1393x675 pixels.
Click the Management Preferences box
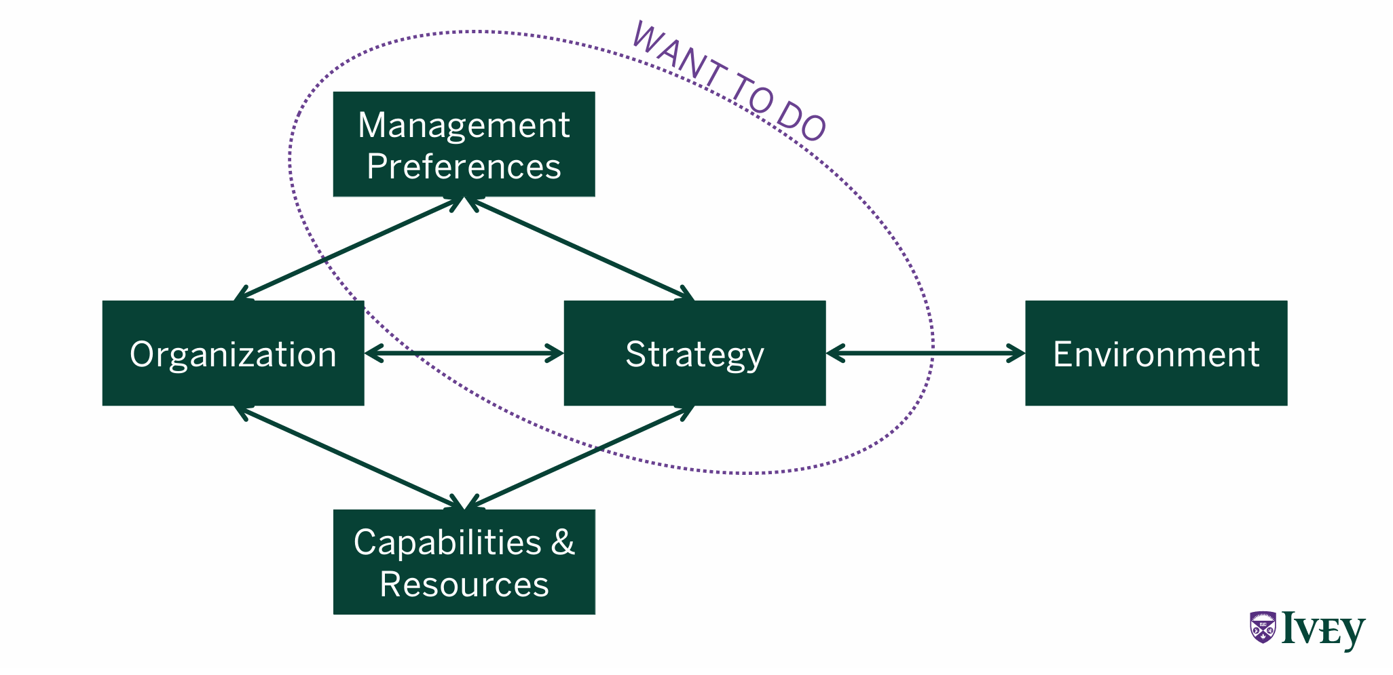[464, 144]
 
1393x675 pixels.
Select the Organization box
[233, 353]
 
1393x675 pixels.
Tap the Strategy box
[694, 353]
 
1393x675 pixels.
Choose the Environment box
[1155, 353]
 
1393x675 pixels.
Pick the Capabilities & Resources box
[464, 562]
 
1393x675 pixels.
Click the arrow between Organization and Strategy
[464, 353]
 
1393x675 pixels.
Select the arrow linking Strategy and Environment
[925, 353]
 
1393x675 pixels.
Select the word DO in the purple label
[801, 121]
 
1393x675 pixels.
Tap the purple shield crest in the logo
[1262, 627]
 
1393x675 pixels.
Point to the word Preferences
[464, 167]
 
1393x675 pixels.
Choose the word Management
[464, 125]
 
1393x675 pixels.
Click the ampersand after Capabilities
[563, 543]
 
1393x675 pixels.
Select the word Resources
[464, 584]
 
